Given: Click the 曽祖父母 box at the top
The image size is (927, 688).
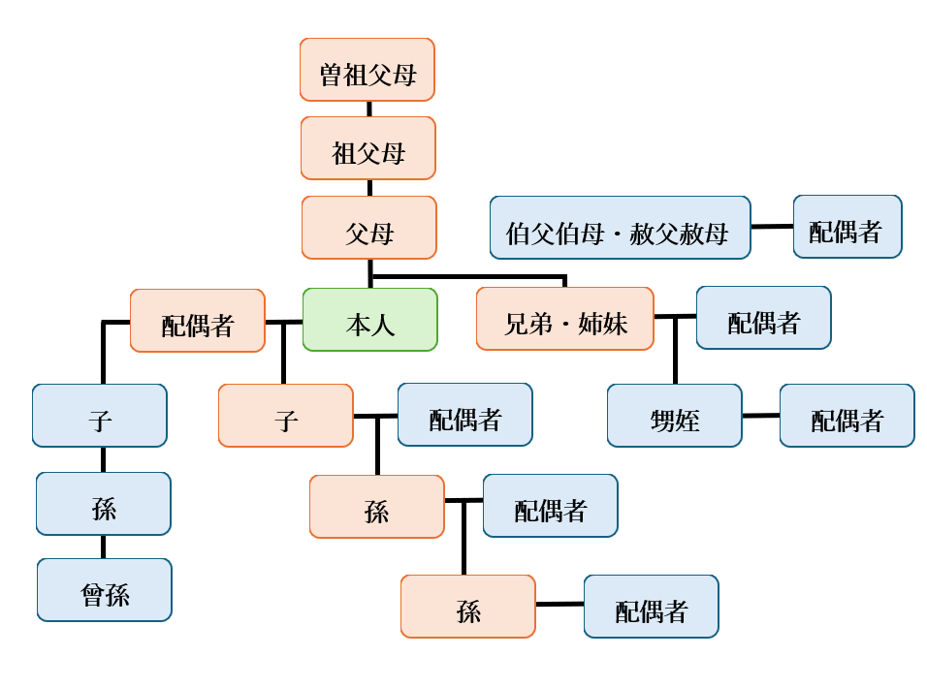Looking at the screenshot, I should (x=368, y=70).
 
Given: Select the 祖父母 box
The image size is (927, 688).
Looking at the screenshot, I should (x=368, y=148).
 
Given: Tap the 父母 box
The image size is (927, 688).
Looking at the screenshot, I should (x=369, y=228).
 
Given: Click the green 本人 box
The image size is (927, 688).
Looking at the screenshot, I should (x=370, y=320).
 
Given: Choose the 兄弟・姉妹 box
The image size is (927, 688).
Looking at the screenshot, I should (x=565, y=319).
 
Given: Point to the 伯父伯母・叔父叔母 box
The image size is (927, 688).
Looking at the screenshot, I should (x=621, y=228).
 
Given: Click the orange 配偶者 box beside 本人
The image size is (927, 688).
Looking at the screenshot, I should (x=198, y=321).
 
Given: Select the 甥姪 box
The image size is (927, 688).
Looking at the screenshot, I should (x=675, y=416).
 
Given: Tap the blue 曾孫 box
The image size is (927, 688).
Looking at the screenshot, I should (x=105, y=590).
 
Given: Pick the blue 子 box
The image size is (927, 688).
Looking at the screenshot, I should (x=100, y=416).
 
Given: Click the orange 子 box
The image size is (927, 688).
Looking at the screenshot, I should (x=286, y=416).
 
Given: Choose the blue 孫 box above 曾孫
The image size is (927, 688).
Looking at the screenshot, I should (x=104, y=504).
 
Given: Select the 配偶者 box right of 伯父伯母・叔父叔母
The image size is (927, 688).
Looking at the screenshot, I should (x=847, y=227).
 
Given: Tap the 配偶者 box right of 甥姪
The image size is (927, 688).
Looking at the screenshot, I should (x=847, y=416).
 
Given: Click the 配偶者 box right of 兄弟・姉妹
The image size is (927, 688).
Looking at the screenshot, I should (x=764, y=318).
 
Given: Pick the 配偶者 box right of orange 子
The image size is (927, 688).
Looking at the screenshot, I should (x=465, y=415).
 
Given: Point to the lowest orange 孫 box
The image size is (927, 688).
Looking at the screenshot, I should (x=468, y=607).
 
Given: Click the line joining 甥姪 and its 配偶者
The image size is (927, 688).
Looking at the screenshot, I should (x=761, y=416).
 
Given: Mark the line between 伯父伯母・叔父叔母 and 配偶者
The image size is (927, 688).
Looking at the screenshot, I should (x=772, y=227).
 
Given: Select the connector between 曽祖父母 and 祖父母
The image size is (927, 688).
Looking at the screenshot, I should (x=368, y=109).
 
